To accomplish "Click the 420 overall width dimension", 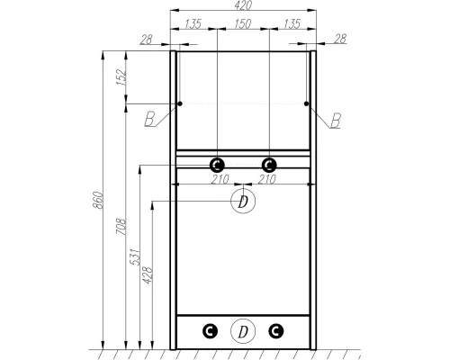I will tap(242, 5).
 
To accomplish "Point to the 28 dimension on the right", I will tap(339, 39).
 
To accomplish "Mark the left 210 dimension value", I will tap(218, 178).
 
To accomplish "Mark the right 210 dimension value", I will tap(267, 178).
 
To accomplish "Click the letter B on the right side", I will tap(336, 120).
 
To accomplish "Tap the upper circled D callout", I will tap(242, 202).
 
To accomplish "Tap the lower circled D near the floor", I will tap(242, 332).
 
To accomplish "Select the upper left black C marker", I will tap(217, 165).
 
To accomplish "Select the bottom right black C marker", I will tap(275, 331).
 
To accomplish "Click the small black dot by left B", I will tap(180, 104).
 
